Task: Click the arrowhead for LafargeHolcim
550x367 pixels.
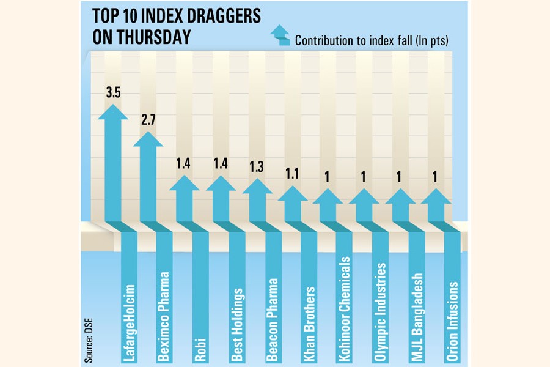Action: [x=113, y=112]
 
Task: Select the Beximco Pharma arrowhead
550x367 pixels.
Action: [x=148, y=139]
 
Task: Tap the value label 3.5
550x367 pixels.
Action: [x=113, y=94]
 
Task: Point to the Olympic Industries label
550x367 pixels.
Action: [x=381, y=303]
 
